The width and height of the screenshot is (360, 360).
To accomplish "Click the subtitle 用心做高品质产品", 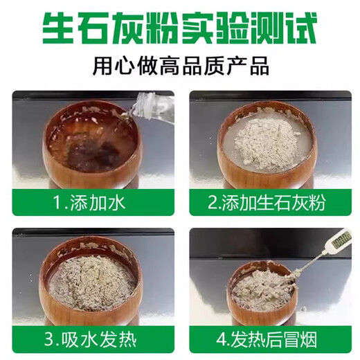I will pyautogui.click(x=181, y=67).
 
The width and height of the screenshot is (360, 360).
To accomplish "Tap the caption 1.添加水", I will pyautogui.click(x=86, y=204).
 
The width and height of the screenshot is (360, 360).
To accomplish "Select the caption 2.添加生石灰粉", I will pyautogui.click(x=269, y=204).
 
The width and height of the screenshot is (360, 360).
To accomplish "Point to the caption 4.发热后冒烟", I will pyautogui.click(x=269, y=340).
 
